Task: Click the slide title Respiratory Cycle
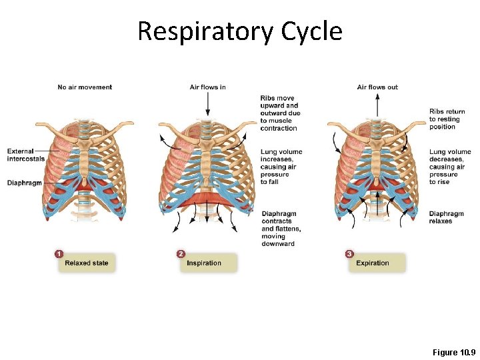pyautogui.click(x=239, y=31)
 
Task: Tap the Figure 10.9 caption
pyautogui.click(x=454, y=351)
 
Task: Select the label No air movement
pyautogui.click(x=85, y=87)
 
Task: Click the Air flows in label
pyautogui.click(x=207, y=87)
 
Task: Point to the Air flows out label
pyautogui.click(x=377, y=87)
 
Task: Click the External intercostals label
pyautogui.click(x=25, y=155)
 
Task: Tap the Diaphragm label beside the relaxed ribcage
pyautogui.click(x=25, y=183)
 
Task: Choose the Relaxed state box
pyautogui.click(x=86, y=263)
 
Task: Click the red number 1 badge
pyautogui.click(x=59, y=254)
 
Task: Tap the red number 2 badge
pyautogui.click(x=181, y=254)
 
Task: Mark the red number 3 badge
pyautogui.click(x=349, y=254)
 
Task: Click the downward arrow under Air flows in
pyautogui.click(x=207, y=105)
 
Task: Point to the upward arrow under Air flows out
pyautogui.click(x=377, y=105)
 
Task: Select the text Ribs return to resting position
pyautogui.click(x=447, y=119)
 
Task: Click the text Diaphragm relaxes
pyautogui.click(x=445, y=217)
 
